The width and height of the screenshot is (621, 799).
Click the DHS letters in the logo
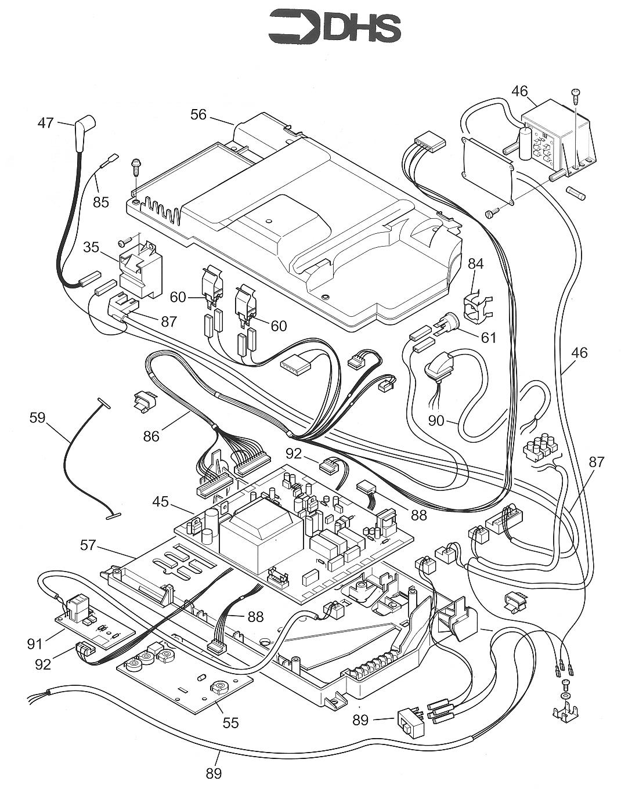(361, 28)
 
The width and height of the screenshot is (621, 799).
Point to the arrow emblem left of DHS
(294, 27)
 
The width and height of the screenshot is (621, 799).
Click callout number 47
(46, 123)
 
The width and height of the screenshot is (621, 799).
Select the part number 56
(198, 114)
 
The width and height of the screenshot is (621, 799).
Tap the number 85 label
(101, 203)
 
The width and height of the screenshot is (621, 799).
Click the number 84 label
(476, 264)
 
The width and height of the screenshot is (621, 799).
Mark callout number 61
(489, 337)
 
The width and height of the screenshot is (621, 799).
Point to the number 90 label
(440, 420)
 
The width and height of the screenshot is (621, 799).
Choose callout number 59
(37, 418)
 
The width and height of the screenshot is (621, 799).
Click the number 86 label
(151, 435)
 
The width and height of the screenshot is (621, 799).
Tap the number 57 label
(88, 544)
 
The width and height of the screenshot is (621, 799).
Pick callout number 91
(35, 642)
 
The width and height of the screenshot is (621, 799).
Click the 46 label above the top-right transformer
(520, 91)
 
